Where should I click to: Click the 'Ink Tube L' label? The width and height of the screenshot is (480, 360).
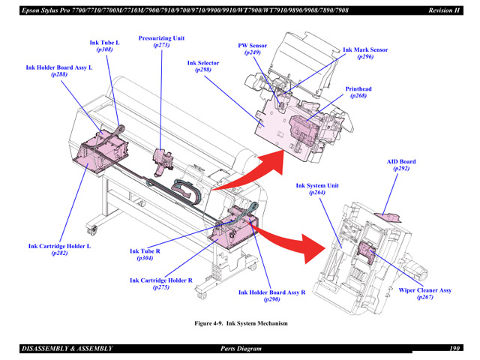pyautogui.click(x=104, y=43)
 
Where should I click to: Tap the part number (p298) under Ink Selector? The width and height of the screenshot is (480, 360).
pyautogui.click(x=203, y=70)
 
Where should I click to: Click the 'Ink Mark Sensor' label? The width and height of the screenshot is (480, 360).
pyautogui.click(x=365, y=49)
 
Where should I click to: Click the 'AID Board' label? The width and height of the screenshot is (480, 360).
pyautogui.click(x=401, y=162)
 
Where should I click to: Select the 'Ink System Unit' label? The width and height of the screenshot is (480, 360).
pyautogui.click(x=317, y=186)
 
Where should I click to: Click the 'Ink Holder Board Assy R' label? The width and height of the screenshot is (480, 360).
pyautogui.click(x=271, y=292)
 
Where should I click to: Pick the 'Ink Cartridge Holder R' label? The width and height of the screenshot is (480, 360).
pyautogui.click(x=161, y=280)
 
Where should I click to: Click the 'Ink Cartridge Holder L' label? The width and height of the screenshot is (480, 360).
pyautogui.click(x=59, y=246)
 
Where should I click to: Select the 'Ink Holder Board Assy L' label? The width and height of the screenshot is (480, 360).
pyautogui.click(x=59, y=67)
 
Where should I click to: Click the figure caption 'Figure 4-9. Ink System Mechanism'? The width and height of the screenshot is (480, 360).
pyautogui.click(x=241, y=323)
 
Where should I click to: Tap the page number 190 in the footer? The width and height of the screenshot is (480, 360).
pyautogui.click(x=454, y=349)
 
